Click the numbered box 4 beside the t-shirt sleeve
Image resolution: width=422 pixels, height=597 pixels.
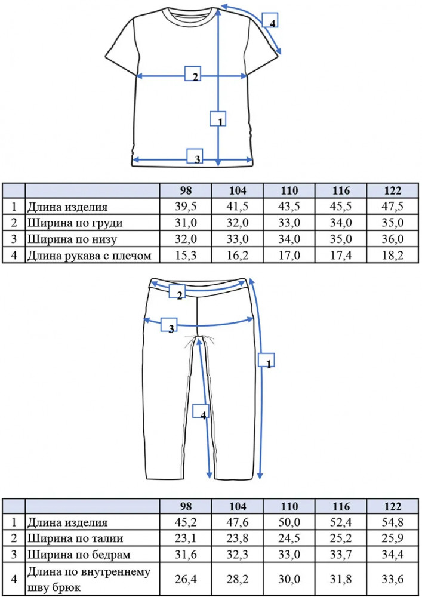point(270,20)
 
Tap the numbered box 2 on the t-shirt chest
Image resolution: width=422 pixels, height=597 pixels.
point(193,73)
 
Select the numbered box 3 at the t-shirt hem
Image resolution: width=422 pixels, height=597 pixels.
point(195,156)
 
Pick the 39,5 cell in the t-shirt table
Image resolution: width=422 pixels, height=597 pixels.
point(186,207)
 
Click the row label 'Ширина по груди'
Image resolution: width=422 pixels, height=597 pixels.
point(75,223)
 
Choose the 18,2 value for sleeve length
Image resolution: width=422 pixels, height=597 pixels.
point(393,255)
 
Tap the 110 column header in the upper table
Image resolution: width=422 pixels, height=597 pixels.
point(289,190)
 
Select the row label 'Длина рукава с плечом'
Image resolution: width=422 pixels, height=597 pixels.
point(89,256)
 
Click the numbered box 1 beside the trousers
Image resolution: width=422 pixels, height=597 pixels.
point(266,360)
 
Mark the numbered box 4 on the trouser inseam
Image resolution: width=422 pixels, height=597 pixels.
point(201,411)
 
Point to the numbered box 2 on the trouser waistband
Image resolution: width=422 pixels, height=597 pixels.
point(177,292)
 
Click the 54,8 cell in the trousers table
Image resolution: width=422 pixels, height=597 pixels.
point(393,522)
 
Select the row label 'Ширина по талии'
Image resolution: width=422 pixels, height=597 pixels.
point(75,538)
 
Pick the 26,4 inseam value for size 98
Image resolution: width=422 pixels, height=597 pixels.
point(186,579)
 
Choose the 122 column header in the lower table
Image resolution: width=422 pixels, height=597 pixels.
point(393,506)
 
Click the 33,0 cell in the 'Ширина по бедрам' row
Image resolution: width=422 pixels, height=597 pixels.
point(289,555)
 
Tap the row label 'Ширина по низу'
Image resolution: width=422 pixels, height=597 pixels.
point(72,239)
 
